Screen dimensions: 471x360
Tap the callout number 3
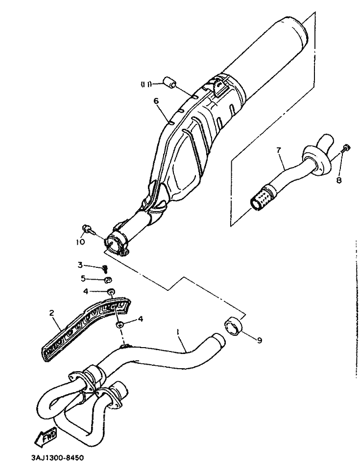(x=80, y=265)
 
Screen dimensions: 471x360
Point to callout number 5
(x=84, y=279)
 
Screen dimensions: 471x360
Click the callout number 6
(x=156, y=101)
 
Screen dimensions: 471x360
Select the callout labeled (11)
(x=145, y=84)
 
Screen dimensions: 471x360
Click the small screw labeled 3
(x=105, y=268)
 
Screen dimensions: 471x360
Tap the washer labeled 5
(x=108, y=280)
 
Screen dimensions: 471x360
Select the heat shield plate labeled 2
(x=86, y=327)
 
